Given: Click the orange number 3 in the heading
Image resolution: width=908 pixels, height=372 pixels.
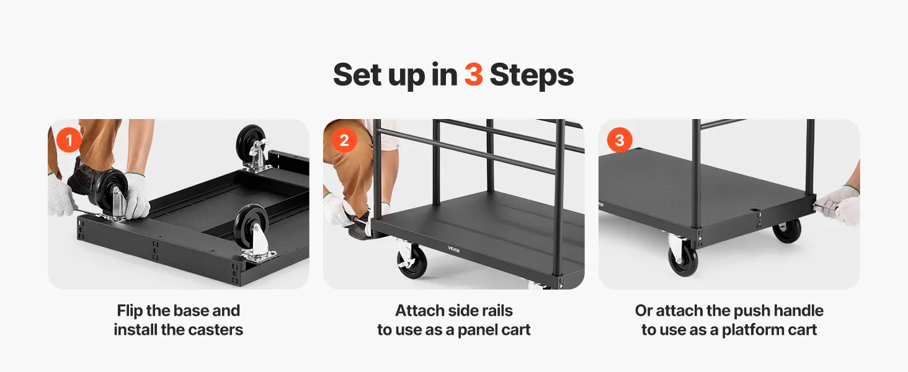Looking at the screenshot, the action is tap(473, 74).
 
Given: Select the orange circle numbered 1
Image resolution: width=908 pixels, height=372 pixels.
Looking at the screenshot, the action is tap(69, 140).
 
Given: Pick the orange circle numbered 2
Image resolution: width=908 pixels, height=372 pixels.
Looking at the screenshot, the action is tap(344, 140).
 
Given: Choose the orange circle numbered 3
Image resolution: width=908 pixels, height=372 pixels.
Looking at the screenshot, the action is tap(620, 140).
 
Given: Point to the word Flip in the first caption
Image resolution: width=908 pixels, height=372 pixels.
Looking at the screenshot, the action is tap(130, 311).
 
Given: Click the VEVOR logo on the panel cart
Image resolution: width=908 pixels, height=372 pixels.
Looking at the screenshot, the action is tap(453, 249).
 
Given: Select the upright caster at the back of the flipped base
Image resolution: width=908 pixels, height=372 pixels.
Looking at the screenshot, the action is tap(252, 148).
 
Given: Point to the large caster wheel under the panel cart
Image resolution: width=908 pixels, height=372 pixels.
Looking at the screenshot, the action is tap(411, 262).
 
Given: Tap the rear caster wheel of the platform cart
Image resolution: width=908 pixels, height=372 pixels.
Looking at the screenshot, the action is tap(787, 230).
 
